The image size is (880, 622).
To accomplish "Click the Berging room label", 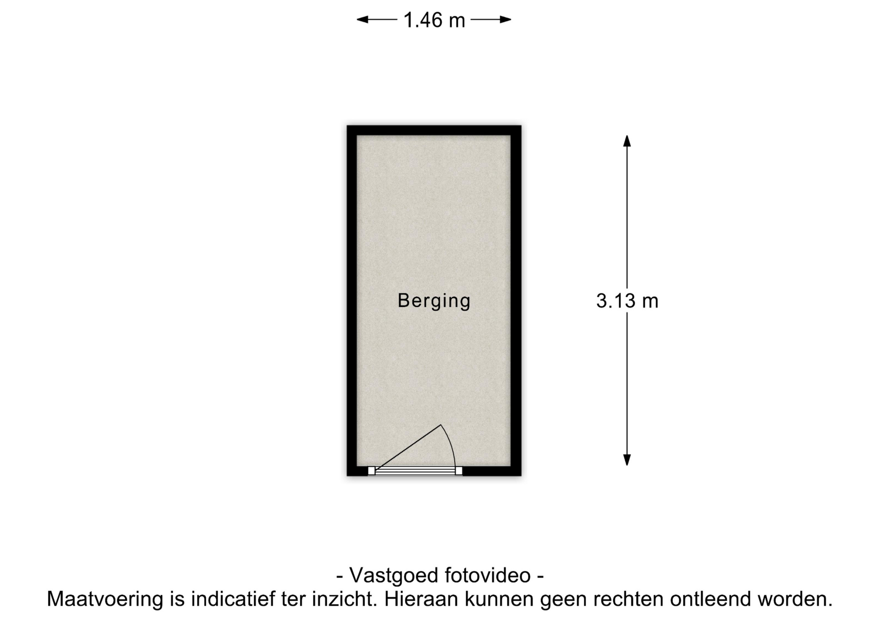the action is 434,301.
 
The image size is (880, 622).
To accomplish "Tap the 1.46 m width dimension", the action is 434,20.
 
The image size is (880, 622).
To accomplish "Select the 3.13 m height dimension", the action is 627,301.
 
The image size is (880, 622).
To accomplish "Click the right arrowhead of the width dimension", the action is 506,20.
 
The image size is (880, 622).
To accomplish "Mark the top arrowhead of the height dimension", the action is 627,141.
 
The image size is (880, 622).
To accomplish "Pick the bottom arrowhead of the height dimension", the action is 627,460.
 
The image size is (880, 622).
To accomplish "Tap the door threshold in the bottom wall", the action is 415,471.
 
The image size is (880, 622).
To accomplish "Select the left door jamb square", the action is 371,471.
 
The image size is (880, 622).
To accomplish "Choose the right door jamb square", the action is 459,471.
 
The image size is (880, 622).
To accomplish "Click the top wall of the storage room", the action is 434,130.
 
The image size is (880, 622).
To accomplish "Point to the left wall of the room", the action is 352,300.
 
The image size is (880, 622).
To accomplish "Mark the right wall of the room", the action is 516,300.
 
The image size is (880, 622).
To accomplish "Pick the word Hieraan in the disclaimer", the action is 421,599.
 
